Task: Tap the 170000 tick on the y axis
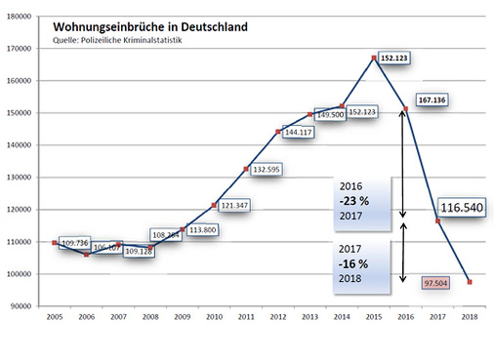tap(22, 48)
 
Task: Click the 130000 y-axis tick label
tap(22, 177)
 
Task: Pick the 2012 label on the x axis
tap(278, 316)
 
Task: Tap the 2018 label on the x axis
tap(472, 316)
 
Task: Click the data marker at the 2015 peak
tap(375, 58)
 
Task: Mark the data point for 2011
tap(246, 169)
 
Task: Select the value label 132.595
tap(269, 170)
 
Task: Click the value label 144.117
tap(300, 133)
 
